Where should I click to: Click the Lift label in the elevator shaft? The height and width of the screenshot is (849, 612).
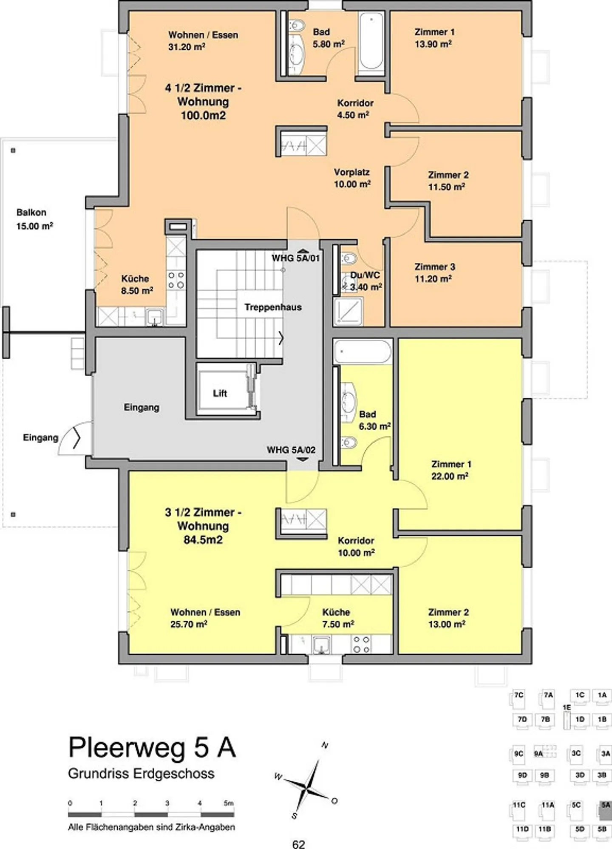[x=220, y=393]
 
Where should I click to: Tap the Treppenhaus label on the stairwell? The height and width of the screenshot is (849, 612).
[x=273, y=307]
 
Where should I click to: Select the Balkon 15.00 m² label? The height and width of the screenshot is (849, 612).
[x=34, y=219]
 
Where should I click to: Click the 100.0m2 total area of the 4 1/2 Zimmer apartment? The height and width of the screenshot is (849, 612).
[x=203, y=115]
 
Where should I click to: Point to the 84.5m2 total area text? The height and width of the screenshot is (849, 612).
[x=203, y=539]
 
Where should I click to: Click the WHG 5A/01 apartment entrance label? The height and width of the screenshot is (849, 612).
[x=296, y=258]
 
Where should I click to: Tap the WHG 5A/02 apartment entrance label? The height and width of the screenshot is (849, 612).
[x=291, y=450]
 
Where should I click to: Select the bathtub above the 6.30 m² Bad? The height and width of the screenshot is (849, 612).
[x=362, y=352]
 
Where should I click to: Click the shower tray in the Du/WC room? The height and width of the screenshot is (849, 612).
[x=348, y=311]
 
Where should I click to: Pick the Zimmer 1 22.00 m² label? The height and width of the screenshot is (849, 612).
[x=450, y=470]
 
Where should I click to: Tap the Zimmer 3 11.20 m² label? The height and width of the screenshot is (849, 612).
[x=434, y=273]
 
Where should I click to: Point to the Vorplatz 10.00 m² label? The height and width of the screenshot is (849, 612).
[x=352, y=178]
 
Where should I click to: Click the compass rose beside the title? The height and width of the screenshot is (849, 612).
[x=307, y=781]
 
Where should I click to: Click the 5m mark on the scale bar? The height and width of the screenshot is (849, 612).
[x=229, y=803]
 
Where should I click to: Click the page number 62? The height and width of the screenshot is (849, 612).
[x=299, y=843]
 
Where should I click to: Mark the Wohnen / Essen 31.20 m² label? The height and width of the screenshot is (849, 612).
[x=203, y=41]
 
